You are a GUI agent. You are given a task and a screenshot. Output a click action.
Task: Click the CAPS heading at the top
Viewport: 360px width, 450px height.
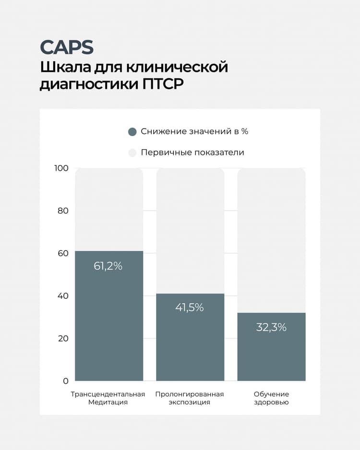67,47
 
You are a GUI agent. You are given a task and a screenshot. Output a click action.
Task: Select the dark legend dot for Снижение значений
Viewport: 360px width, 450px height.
132,132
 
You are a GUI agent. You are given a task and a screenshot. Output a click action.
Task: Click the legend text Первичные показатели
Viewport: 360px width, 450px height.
192,153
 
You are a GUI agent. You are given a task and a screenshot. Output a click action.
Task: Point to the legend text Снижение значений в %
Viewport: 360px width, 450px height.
194,131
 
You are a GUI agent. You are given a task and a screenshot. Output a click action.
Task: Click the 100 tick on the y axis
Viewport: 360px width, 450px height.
62,168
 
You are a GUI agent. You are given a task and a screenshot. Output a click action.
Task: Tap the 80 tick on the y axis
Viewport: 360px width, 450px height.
63,211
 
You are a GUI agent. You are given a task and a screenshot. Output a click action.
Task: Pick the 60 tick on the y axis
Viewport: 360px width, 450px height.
63,253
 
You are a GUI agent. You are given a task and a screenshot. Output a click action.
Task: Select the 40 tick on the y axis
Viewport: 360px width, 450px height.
63,296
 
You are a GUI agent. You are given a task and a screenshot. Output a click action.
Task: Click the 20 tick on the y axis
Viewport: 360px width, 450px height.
63,338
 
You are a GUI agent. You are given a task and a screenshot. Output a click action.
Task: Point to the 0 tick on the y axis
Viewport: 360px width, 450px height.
66,381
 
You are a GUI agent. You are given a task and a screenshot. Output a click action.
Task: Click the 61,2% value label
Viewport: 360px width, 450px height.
108,266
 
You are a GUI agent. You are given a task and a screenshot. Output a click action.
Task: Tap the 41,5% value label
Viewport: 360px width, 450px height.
190,308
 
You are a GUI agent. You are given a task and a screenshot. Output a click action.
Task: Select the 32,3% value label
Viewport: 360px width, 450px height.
271,327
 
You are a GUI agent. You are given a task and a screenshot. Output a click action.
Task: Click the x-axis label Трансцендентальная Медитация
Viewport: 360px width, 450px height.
108,398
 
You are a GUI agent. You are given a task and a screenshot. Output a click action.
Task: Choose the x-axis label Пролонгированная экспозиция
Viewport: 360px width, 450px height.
190,398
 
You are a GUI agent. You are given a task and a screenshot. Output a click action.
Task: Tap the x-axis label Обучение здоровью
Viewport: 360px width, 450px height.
271,398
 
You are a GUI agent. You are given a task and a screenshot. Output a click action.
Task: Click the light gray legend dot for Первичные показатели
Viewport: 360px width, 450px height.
132,153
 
